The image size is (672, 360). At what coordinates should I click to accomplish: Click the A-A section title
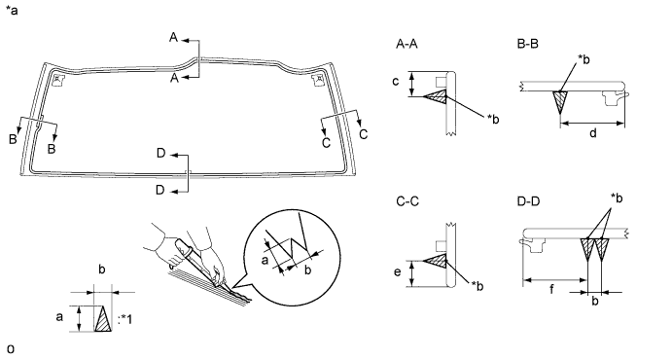407,44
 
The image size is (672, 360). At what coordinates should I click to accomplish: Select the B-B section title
527,44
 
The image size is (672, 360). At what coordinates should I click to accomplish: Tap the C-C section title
407,201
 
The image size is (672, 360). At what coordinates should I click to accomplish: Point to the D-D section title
528,201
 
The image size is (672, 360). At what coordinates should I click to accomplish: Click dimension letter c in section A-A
396,81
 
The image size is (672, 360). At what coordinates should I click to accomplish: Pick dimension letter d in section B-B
592,133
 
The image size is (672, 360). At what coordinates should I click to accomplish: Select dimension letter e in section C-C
398,271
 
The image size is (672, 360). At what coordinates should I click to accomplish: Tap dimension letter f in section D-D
551,290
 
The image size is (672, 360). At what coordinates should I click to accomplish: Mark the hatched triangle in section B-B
560,101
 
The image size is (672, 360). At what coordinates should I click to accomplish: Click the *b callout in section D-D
617,198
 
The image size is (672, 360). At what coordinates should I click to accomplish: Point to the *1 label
124,319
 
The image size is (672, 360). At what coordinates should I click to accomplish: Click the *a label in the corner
12,11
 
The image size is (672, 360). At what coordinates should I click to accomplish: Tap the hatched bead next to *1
103,318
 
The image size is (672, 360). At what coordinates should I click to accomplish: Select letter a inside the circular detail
265,259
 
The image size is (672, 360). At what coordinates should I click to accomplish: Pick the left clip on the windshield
57,79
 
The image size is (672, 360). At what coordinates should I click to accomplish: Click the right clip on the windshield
318,79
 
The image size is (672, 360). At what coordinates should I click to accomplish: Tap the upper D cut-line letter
161,153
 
